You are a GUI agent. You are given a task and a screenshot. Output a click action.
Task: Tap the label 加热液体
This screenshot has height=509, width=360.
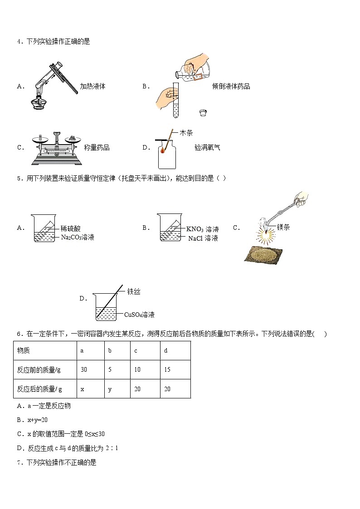click(92, 86)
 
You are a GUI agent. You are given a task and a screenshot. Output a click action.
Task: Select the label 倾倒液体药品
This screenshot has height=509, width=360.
click(231, 86)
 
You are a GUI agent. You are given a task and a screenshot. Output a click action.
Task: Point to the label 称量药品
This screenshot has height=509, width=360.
click(97, 147)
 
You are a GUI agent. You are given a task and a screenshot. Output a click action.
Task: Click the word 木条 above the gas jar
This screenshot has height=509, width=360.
click(186, 133)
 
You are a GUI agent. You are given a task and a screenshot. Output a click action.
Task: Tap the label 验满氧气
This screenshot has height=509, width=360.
click(207, 147)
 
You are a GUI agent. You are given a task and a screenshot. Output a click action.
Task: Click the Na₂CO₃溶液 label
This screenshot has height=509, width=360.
click(78, 237)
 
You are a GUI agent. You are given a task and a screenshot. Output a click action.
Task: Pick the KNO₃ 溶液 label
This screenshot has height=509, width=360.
click(203, 229)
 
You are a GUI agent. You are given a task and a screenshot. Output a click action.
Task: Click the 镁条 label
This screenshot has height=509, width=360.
click(283, 228)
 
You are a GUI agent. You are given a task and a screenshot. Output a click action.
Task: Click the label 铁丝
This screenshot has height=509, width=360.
click(134, 292)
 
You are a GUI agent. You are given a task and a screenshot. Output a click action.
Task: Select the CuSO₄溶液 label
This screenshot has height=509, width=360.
click(140, 314)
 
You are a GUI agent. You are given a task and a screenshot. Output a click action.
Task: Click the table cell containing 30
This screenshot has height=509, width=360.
click(84, 370)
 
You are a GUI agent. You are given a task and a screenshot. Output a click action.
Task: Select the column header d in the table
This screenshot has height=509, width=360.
click(166, 350)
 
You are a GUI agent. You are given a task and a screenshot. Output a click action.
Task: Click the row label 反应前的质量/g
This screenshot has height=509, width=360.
click(39, 370)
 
